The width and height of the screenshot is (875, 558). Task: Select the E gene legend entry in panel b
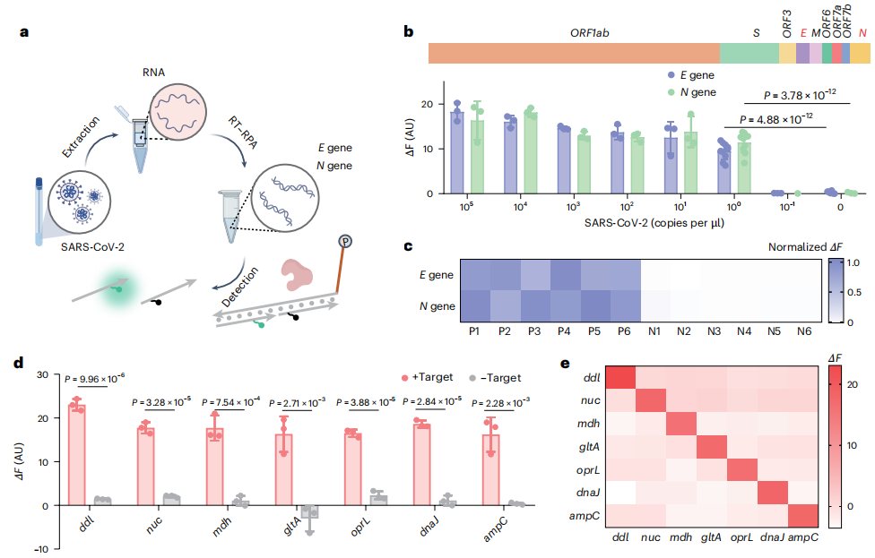pos(694,76)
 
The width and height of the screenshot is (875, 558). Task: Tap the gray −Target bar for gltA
pos(309,511)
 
